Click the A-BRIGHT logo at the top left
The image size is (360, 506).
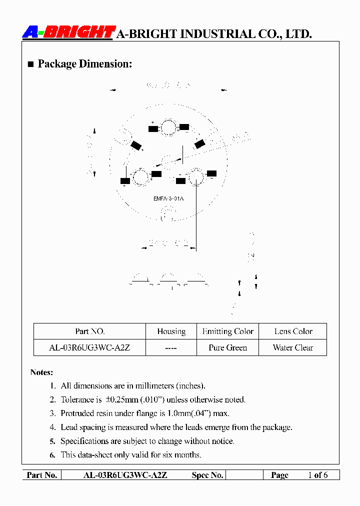pyautogui.click(x=69, y=32)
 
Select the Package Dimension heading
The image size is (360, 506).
pyautogui.click(x=84, y=64)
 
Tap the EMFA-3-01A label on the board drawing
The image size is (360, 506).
pyautogui.click(x=168, y=198)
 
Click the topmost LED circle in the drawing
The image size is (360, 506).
pyautogui.click(x=168, y=128)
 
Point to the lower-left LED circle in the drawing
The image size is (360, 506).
pyautogui.click(x=140, y=177)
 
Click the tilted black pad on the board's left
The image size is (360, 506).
pyautogui.click(x=136, y=145)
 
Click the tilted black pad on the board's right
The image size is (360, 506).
pyautogui.click(x=199, y=144)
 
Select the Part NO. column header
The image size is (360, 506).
pyautogui.click(x=90, y=331)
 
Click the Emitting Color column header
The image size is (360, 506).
pyautogui.click(x=227, y=331)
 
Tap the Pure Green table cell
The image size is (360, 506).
pyautogui.click(x=227, y=348)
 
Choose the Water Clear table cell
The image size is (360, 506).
pyautogui.click(x=293, y=348)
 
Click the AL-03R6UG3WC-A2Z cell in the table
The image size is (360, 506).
pyautogui.click(x=89, y=348)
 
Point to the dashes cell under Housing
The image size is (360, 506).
pyautogui.click(x=171, y=348)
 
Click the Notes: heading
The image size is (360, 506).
pyautogui.click(x=41, y=372)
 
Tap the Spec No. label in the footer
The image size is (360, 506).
pyautogui.click(x=207, y=475)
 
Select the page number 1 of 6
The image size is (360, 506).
pyautogui.click(x=317, y=475)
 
